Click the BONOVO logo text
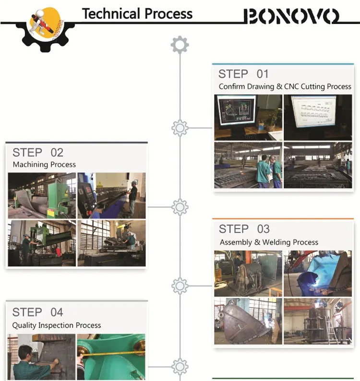click(x=291, y=16)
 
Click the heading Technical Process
click(x=137, y=13)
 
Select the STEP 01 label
click(x=243, y=74)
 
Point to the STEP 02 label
click(x=38, y=153)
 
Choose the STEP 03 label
click(x=244, y=229)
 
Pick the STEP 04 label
click(x=37, y=312)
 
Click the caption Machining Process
click(x=44, y=165)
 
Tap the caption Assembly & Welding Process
click(x=269, y=242)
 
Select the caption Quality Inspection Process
click(x=57, y=325)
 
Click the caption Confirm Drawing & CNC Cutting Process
click(x=285, y=87)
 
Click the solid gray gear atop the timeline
click(x=180, y=45)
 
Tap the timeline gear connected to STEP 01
click(x=180, y=128)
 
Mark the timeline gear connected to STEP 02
click(x=180, y=207)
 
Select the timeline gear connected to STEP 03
click(x=180, y=286)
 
